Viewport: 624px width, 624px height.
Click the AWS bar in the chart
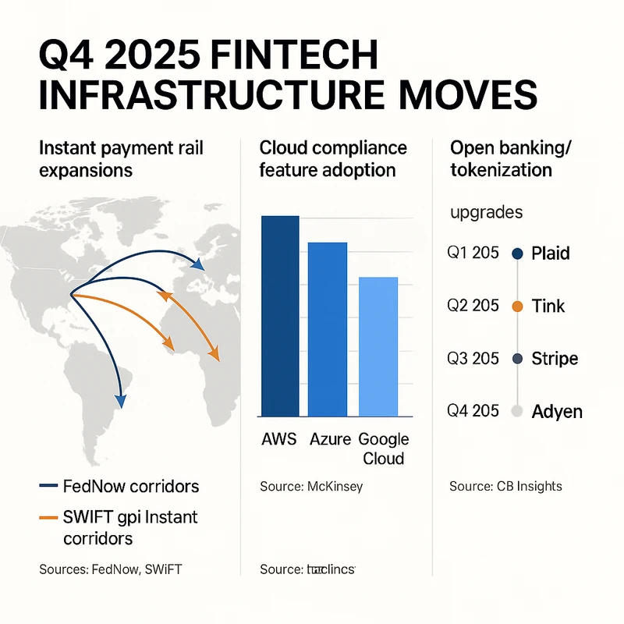(280, 315)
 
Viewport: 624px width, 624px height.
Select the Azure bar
(328, 328)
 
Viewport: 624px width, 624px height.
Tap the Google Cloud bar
(378, 346)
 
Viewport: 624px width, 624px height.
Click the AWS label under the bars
(279, 439)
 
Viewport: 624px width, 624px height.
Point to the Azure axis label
(330, 439)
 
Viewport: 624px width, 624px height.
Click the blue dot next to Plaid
(516, 253)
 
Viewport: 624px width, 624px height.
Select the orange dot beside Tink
(516, 307)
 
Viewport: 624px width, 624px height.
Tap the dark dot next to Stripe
(516, 359)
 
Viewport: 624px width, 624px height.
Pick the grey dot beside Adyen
(516, 411)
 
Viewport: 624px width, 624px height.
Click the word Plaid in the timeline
(550, 253)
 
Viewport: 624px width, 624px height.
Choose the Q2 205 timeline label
(473, 306)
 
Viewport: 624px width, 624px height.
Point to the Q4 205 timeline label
(473, 410)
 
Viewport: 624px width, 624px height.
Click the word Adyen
(556, 411)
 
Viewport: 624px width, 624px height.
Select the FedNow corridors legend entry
(119, 487)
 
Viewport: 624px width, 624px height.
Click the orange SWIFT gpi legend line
(48, 517)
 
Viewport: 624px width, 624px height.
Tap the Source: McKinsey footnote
(311, 487)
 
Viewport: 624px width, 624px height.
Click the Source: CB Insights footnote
(505, 487)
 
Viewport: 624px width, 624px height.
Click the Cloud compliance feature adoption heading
(333, 159)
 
